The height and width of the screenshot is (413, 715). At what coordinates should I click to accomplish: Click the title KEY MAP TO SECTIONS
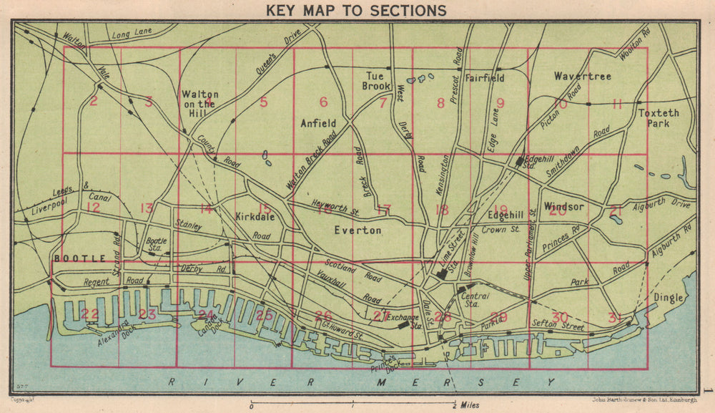[356, 10]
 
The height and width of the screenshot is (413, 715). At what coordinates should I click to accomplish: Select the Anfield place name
[318, 123]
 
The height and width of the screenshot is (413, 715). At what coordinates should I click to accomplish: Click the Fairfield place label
[485, 77]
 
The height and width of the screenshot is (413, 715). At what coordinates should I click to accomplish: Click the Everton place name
[358, 230]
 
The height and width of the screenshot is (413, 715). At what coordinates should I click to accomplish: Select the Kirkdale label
[255, 215]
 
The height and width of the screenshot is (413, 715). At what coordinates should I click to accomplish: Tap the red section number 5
[263, 102]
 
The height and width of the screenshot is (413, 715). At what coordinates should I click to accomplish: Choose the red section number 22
[90, 314]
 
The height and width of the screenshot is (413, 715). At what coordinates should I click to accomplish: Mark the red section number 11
[617, 104]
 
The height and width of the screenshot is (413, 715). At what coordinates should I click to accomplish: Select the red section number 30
[560, 316]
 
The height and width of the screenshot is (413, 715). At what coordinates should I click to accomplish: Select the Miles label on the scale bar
[470, 405]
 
